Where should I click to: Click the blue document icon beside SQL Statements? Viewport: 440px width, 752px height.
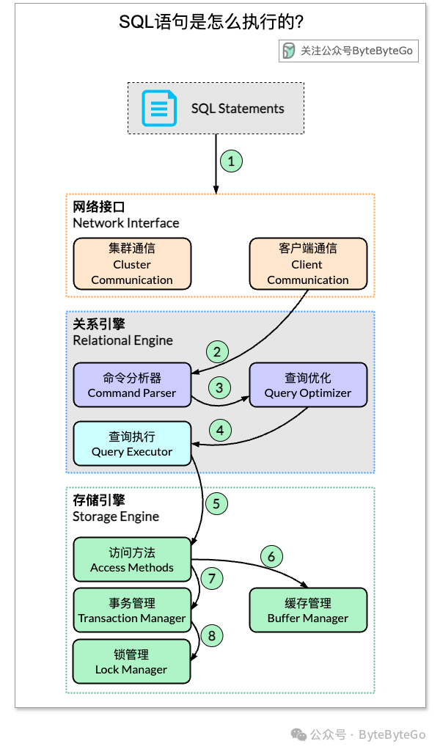158,108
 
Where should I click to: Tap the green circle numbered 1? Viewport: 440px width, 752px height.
231,161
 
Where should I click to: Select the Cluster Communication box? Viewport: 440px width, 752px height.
132,263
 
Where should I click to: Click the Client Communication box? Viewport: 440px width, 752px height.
308,263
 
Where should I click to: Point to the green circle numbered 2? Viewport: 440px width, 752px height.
216,351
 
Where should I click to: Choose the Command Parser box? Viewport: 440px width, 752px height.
132,385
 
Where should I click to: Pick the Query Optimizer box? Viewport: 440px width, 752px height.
308,385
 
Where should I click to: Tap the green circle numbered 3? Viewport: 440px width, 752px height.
219,387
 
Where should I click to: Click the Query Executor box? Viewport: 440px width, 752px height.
132,444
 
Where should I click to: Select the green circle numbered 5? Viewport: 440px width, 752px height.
216,503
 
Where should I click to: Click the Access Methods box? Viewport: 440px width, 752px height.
132,559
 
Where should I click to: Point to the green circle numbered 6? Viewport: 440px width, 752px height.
271,557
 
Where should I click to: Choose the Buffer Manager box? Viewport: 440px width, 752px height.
308,610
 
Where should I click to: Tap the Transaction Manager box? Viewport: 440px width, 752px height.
132,610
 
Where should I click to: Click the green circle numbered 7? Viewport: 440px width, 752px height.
211,579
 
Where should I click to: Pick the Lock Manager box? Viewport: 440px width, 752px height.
131,661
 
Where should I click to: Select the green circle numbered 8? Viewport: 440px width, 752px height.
211,635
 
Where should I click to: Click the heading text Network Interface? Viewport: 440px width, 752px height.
125,223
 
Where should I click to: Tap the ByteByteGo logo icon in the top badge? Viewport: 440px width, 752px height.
290,51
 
